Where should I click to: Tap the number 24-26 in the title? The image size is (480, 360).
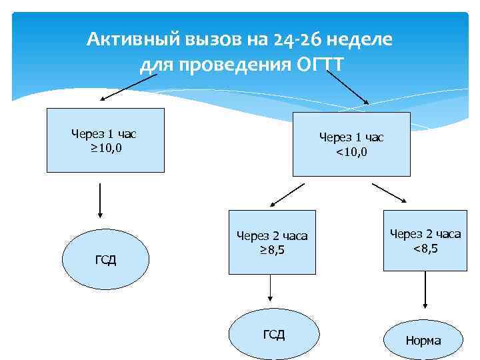point(295,40)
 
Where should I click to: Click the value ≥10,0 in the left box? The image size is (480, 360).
point(105,147)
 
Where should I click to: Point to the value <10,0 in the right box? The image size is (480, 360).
point(351,152)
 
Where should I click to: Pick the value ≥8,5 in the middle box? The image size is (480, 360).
point(272,250)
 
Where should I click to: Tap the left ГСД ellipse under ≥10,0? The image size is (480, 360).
point(105,259)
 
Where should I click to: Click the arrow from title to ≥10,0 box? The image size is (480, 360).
point(129,86)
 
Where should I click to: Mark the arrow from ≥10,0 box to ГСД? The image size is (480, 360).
point(99,200)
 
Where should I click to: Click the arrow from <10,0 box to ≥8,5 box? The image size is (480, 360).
point(286,195)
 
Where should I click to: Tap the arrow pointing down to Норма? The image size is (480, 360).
point(425,297)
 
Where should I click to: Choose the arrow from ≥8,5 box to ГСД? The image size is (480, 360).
point(271,289)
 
